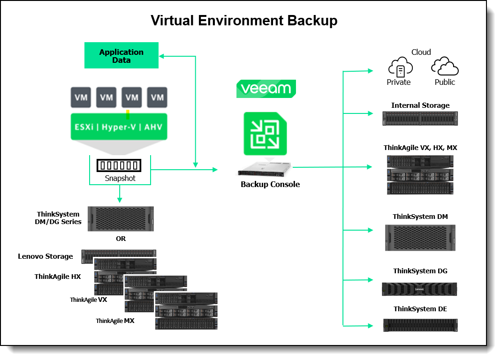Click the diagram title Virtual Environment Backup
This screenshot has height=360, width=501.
tap(243, 21)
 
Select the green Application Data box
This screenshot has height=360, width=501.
tap(121, 56)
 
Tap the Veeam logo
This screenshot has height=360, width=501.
tap(266, 89)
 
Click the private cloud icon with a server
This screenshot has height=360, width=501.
tap(400, 68)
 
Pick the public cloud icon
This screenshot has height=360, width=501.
tap(444, 67)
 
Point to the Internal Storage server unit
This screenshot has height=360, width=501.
tap(420, 118)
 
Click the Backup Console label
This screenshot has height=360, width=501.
tap(270, 184)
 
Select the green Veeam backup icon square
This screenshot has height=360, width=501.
tap(266, 134)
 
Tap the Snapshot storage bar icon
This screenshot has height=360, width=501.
tap(118, 165)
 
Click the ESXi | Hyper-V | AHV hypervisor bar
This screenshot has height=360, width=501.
tap(119, 127)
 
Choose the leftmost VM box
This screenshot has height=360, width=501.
tap(81, 97)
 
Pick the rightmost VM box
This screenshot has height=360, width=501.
tap(157, 97)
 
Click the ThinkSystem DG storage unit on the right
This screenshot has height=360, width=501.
tap(420, 289)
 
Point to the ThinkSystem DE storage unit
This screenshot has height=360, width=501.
tap(420, 325)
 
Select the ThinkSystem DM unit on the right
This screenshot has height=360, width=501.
tap(420, 237)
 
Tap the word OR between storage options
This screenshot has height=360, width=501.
tap(121, 239)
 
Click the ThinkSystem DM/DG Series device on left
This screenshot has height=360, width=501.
tap(121, 218)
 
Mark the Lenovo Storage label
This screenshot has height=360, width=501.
tap(46, 256)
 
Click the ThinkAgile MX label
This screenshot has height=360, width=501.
tap(115, 321)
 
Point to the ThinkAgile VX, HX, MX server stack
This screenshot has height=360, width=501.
tap(420, 174)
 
